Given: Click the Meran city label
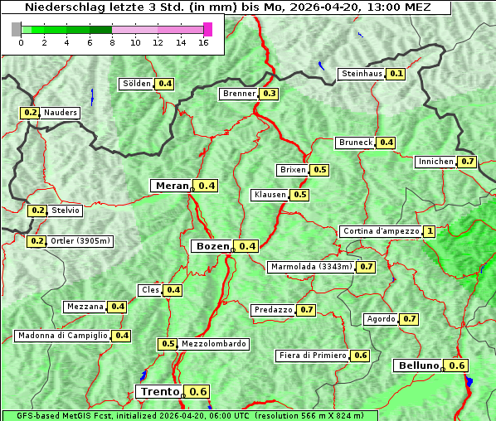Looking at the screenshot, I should (172, 186).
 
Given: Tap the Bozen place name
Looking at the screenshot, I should (212, 246).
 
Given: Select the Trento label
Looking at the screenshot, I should (160, 391).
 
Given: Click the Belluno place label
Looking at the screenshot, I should (416, 365).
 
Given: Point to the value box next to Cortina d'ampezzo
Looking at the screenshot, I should (429, 231).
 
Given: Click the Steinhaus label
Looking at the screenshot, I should (362, 74).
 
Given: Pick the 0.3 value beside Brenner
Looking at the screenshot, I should (269, 94).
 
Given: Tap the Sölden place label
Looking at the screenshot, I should (137, 84).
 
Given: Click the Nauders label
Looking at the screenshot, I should (61, 113).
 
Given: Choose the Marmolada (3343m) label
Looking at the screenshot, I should (311, 267).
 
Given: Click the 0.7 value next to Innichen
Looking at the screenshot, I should (468, 162).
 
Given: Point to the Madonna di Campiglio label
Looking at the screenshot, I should (62, 336).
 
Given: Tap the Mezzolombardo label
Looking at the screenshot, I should (213, 344).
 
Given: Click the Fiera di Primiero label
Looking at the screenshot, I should (312, 356).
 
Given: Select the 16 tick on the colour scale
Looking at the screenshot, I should (202, 42).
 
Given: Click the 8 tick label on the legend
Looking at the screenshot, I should (112, 42).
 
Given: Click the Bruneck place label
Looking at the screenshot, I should (356, 143).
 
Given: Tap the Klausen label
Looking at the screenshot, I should (270, 195).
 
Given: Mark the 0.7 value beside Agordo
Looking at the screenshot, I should (409, 319).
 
